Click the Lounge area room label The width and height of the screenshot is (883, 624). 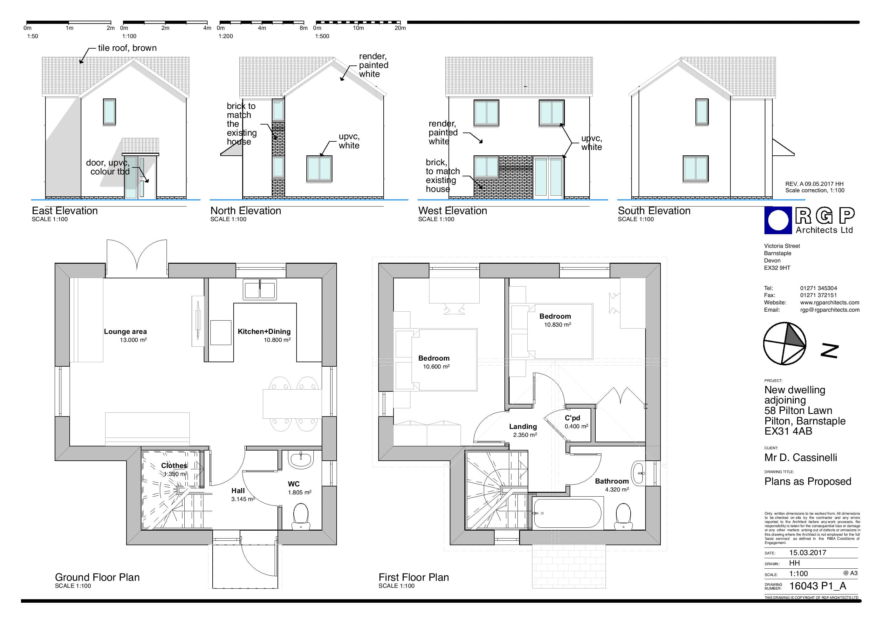point(125,331)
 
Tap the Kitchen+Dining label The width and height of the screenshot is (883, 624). point(264,331)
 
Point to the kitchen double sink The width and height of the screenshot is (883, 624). point(260,289)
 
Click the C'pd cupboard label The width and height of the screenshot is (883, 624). point(572,418)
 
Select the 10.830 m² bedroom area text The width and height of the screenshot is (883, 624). point(557,324)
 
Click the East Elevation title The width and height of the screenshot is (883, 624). point(65,211)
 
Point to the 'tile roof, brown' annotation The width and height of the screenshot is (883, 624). point(127,48)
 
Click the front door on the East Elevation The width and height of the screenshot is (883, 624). point(131,177)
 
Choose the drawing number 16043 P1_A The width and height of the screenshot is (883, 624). point(818,586)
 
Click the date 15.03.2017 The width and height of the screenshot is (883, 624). point(808,553)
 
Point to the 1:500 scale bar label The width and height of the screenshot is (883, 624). point(322,36)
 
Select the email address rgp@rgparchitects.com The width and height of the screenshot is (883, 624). point(830,310)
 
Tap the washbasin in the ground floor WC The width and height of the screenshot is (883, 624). point(301,460)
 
